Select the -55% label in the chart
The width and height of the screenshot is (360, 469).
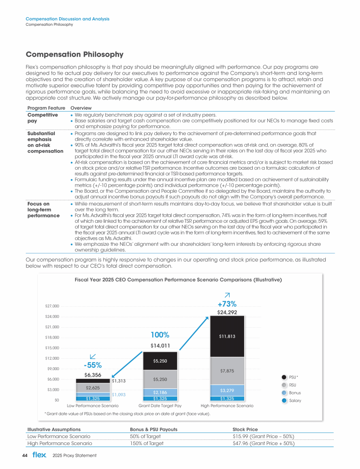[x=92, y=365]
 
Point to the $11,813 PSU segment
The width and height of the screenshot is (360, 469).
[x=228, y=336]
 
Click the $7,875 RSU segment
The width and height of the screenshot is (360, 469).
[x=228, y=371]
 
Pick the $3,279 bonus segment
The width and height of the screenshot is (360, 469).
[x=228, y=390]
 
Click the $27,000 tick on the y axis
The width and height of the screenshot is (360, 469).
[x=49, y=306]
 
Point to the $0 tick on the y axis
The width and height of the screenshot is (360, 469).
[x=55, y=400]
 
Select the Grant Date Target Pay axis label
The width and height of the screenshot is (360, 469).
[x=160, y=405]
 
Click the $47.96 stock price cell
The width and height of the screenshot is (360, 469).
[x=263, y=443]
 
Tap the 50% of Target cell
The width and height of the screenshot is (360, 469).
[x=146, y=436]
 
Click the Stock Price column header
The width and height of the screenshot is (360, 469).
[x=245, y=429]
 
